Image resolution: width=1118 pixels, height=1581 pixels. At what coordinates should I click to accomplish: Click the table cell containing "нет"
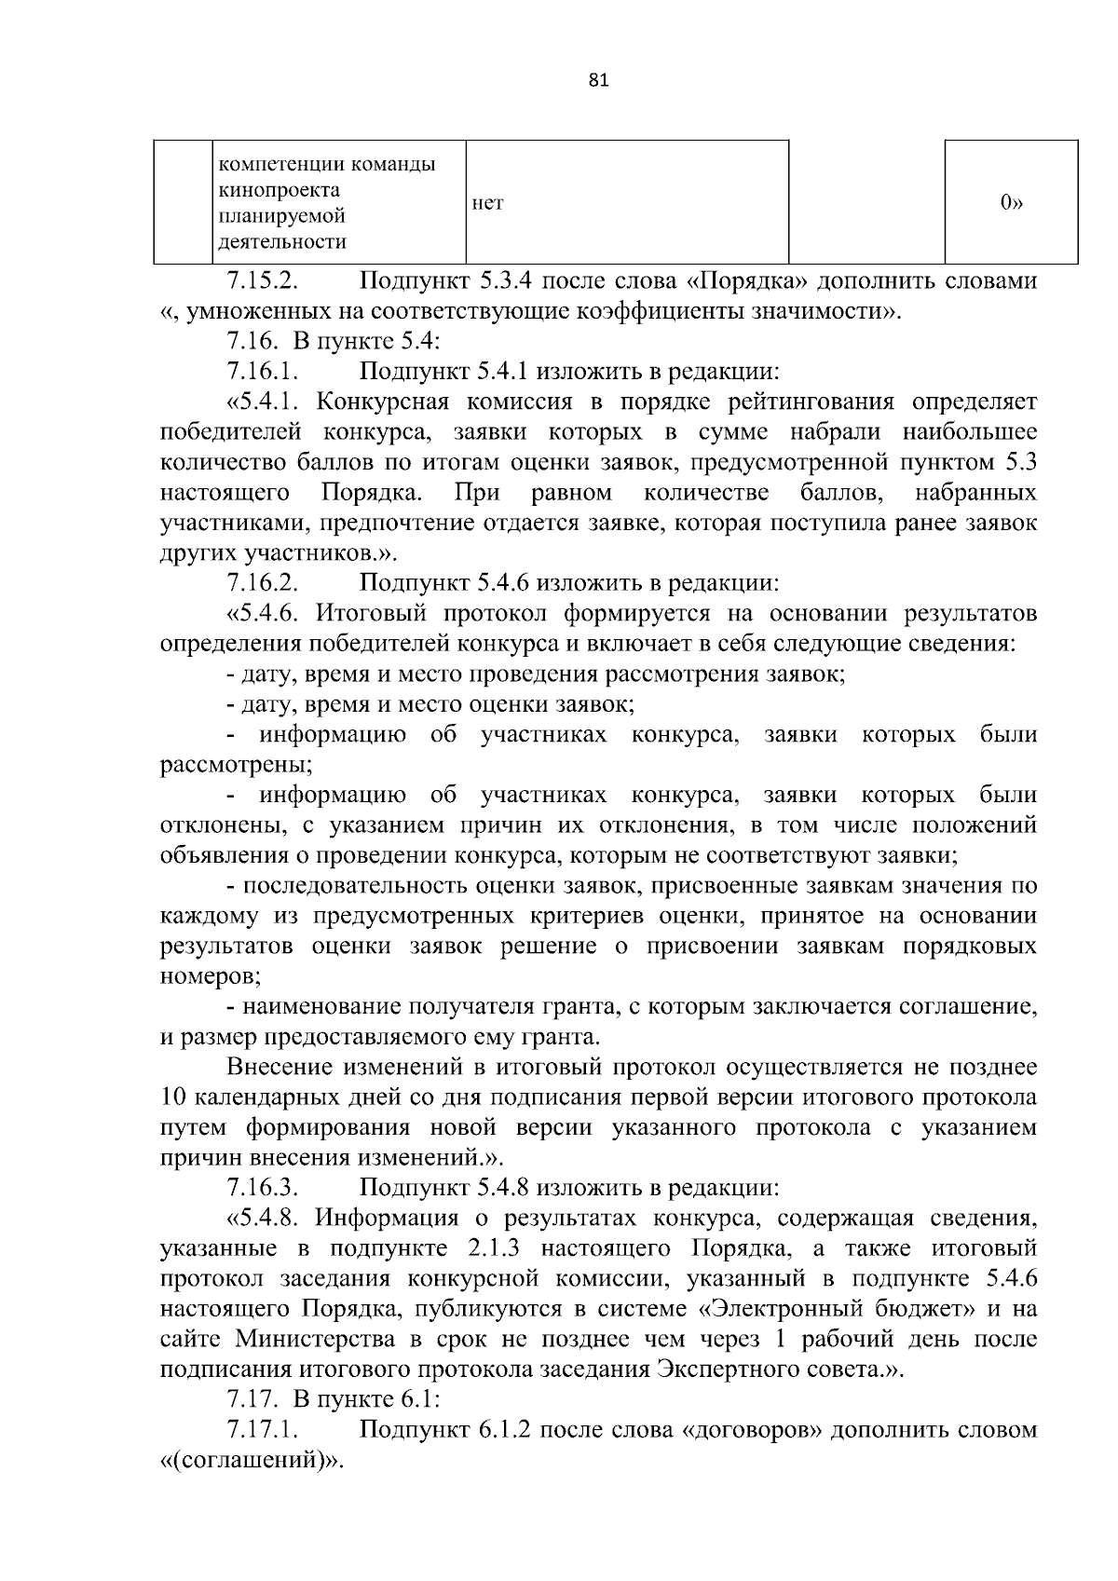click(x=627, y=202)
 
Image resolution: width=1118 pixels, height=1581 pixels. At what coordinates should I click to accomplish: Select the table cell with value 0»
click(x=1011, y=202)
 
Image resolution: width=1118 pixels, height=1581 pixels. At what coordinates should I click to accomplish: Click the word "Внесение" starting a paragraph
click(x=281, y=1067)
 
